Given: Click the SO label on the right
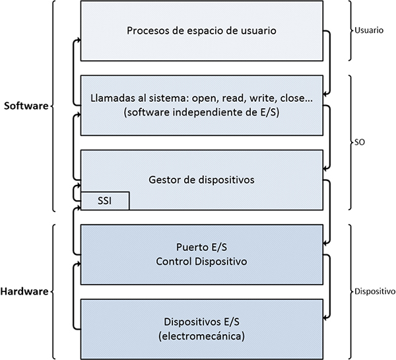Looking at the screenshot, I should [360, 142].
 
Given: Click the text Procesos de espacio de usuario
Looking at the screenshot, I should [201, 31].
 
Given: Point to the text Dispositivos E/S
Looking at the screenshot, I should [201, 322].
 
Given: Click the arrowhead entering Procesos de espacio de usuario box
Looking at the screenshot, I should [78, 40].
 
